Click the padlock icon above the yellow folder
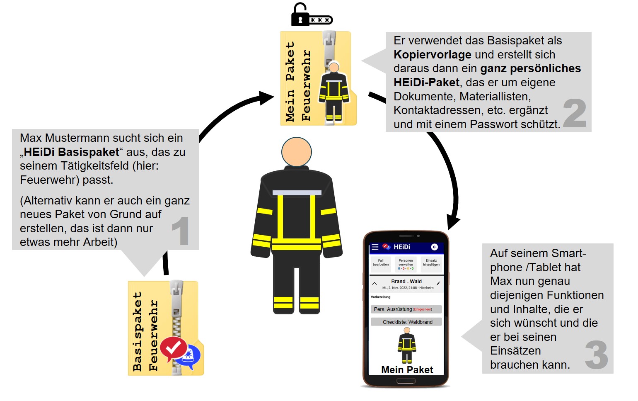tap(300, 15)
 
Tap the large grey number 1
tap(181, 231)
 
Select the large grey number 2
tap(575, 113)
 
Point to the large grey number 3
tap(597, 355)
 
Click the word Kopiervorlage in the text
tap(433, 55)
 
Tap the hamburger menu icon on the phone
tap(375, 247)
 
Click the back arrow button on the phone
tap(434, 247)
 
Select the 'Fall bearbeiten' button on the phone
tap(381, 263)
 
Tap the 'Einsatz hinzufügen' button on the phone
tap(431, 263)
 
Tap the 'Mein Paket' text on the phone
tap(407, 370)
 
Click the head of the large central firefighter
tap(296, 152)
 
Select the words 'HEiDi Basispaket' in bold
tap(72, 152)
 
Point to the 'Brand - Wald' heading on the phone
tap(406, 282)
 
